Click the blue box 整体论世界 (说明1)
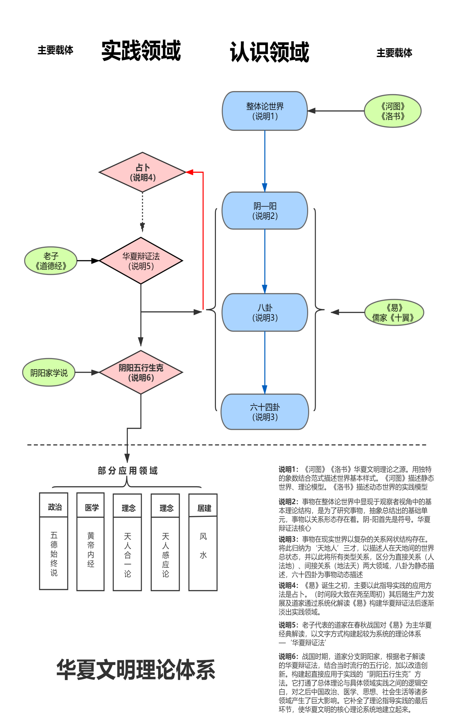(x=265, y=111)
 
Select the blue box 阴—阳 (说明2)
(x=265, y=211)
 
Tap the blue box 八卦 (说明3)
(x=265, y=312)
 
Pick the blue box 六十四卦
(x=265, y=412)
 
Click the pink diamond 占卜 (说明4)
(x=142, y=172)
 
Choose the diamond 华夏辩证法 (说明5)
(x=141, y=261)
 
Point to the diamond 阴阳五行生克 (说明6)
(x=141, y=372)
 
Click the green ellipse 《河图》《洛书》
(x=393, y=111)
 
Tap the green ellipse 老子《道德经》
(x=51, y=261)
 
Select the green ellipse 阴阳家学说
(x=49, y=372)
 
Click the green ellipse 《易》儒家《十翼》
(x=394, y=312)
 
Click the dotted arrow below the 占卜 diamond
(x=142, y=212)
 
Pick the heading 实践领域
(x=141, y=51)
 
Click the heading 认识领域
(x=270, y=52)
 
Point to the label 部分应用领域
(x=127, y=471)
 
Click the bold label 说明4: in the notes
(x=288, y=585)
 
